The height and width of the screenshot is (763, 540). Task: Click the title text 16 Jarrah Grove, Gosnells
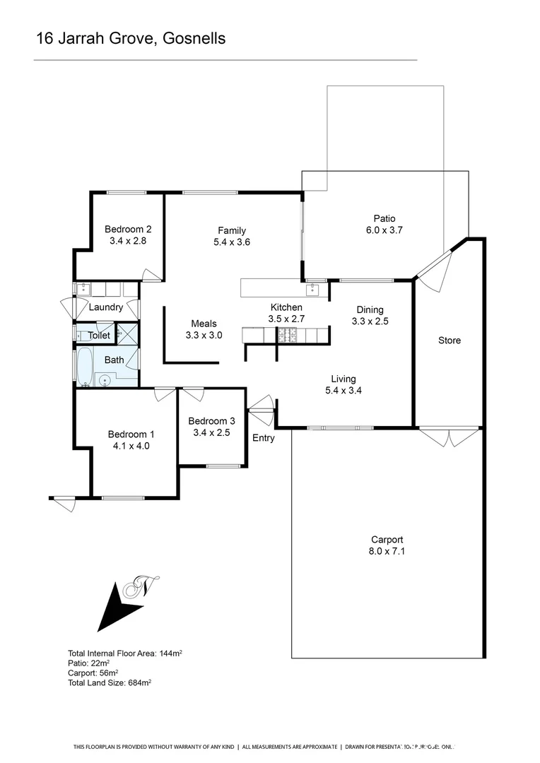click(x=131, y=39)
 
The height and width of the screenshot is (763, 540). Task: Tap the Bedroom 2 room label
click(x=128, y=229)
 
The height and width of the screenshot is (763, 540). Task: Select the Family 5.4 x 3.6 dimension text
click(x=232, y=242)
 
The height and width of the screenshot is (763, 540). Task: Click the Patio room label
click(x=385, y=218)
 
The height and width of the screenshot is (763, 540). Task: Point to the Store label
click(x=449, y=341)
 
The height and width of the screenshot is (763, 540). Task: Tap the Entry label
click(x=264, y=438)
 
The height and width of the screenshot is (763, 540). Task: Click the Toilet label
click(x=98, y=336)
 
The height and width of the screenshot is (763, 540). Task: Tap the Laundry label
click(x=106, y=307)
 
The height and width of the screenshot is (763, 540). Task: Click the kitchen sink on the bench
click(x=312, y=288)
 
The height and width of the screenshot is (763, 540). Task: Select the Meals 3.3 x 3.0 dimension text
click(x=204, y=336)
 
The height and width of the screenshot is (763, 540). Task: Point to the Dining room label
click(x=370, y=309)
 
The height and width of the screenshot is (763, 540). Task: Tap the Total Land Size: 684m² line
click(x=110, y=683)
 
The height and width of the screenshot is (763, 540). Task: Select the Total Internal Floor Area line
click(x=125, y=653)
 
